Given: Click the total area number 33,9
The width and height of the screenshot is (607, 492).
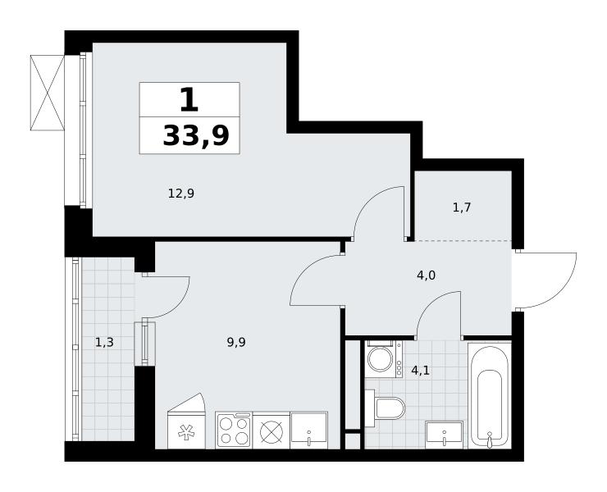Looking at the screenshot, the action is coord(196,135).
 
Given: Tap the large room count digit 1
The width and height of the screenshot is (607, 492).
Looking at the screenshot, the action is coord(189,99).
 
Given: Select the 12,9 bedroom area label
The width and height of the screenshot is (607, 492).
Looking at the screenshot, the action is coord(180,193).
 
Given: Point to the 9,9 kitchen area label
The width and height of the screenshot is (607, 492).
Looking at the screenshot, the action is coord(236,342).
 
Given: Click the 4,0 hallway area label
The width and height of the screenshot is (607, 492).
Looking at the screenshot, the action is coord(426,276).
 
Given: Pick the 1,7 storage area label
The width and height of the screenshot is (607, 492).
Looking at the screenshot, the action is coord(462,208).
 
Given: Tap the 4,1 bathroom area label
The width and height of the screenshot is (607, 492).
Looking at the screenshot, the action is coord(420,371).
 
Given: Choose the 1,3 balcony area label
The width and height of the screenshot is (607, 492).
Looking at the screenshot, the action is coord(104,342).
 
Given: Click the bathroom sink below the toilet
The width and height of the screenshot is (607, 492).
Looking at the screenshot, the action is coord(444,435).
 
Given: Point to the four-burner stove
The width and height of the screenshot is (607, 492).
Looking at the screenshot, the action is coord(234,430).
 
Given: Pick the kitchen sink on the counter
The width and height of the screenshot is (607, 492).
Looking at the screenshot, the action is coord(309,430).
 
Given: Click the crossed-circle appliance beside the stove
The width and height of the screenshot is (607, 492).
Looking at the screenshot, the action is coord(272,431).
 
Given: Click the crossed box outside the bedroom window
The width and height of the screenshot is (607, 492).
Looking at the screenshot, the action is coord(48,93).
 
